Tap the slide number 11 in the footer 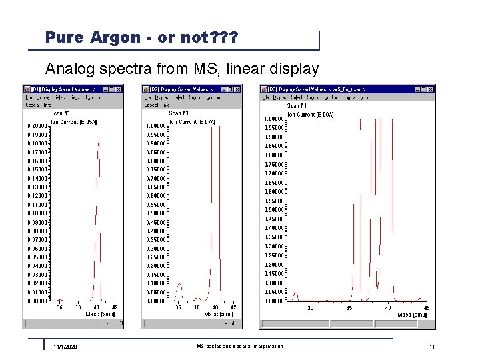tap(432, 347)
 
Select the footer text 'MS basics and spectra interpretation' tap(240, 346)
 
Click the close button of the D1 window tap(118, 89)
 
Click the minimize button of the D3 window tap(416, 89)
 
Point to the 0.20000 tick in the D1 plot tap(38, 126)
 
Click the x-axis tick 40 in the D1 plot tap(97, 307)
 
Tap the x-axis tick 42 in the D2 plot tap(233, 307)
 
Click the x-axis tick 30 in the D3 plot tap(311, 307)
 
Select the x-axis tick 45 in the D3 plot tap(426, 307)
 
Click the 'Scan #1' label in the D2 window tap(179, 113)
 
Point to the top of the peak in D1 tap(99, 142)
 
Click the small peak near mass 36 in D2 tap(178, 287)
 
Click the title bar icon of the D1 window tap(27, 89)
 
